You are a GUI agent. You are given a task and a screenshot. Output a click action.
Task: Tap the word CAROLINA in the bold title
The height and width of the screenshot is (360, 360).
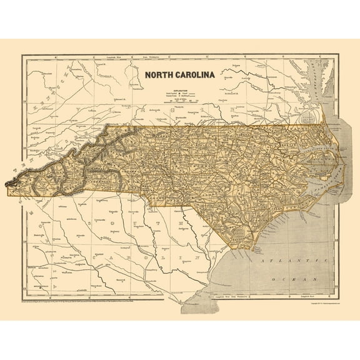[193, 75]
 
